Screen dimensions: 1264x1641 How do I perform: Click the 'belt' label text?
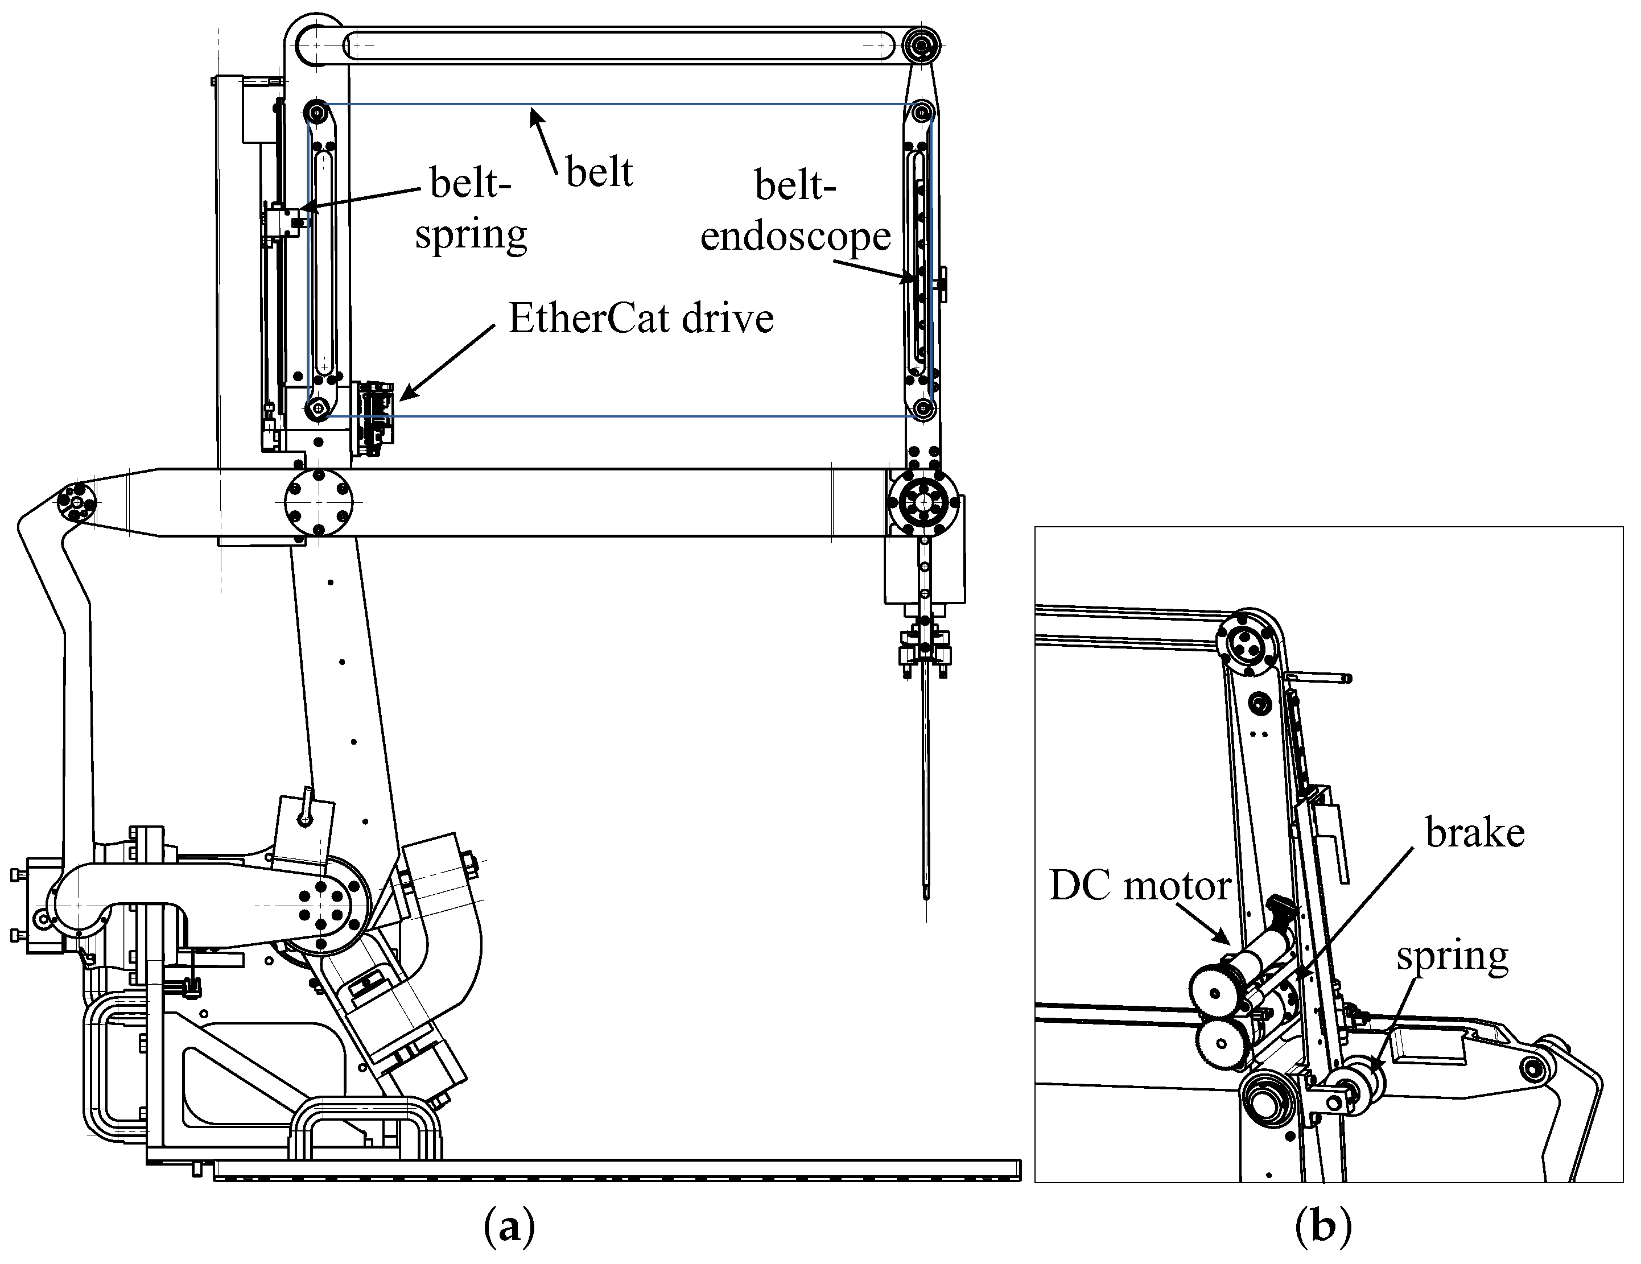(x=599, y=172)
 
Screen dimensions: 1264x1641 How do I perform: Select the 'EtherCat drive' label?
(x=641, y=319)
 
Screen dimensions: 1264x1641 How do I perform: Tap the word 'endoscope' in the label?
(x=795, y=237)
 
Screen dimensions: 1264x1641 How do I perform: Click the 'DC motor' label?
(x=1139, y=886)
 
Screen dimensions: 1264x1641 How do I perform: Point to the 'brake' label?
(x=1475, y=833)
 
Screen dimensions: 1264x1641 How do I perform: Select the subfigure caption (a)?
(x=509, y=1226)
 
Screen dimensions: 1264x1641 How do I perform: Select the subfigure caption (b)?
(x=1322, y=1226)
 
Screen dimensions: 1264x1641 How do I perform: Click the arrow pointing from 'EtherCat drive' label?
(x=448, y=361)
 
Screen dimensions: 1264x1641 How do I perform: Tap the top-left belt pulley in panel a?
(x=316, y=113)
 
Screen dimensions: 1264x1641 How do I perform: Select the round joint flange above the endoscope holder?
(x=923, y=502)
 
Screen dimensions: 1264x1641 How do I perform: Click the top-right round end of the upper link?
(x=922, y=45)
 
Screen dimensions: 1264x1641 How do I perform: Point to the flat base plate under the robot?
(x=616, y=1170)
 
